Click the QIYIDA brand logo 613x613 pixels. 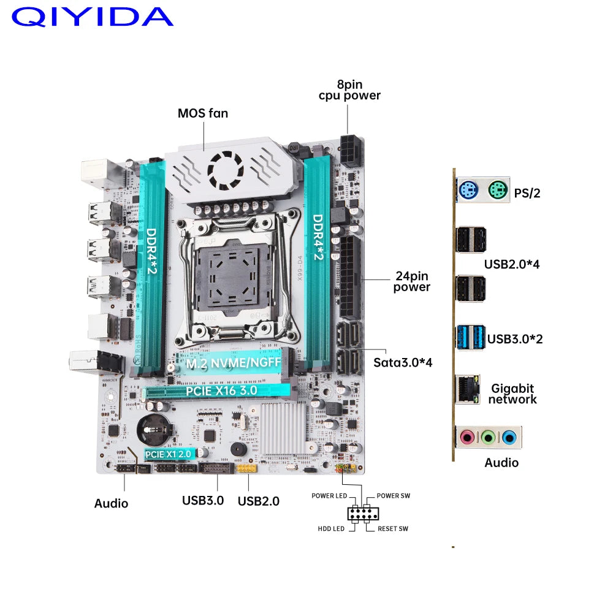93,17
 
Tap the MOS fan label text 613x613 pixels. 203,113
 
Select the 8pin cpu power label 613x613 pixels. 349,89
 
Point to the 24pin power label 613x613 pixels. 412,281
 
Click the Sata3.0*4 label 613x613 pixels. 403,362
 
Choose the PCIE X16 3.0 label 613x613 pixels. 222,390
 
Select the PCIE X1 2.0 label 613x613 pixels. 169,454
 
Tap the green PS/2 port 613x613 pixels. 497,190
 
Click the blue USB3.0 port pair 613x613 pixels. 471,338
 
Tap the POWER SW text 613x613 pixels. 393,495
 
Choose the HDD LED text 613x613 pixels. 331,528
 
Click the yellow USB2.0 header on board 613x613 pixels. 247,470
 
